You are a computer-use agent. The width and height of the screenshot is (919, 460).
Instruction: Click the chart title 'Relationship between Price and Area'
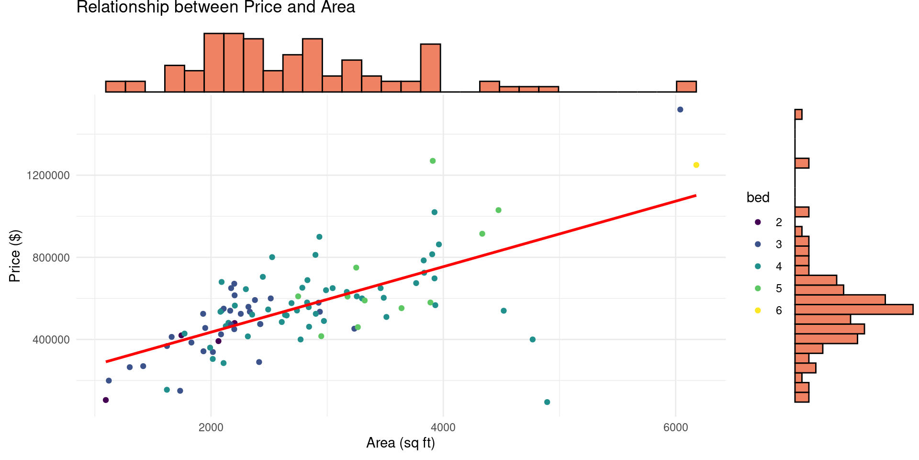pyautogui.click(x=215, y=8)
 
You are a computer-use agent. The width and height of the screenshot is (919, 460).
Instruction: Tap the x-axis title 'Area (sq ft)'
pyautogui.click(x=400, y=443)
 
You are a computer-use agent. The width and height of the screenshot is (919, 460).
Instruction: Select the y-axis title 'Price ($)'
pyautogui.click(x=15, y=256)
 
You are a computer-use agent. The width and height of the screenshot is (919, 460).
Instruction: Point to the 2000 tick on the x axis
pyautogui.click(x=211, y=427)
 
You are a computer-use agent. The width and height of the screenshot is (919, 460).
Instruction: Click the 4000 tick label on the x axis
pyautogui.click(x=443, y=427)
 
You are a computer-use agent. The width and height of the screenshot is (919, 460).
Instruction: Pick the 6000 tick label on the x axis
pyautogui.click(x=675, y=427)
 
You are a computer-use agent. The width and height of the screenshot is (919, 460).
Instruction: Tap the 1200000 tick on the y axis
pyautogui.click(x=48, y=175)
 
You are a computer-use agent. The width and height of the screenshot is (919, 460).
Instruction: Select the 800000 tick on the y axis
pyautogui.click(x=51, y=258)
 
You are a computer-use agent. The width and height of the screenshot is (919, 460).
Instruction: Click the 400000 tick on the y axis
pyautogui.click(x=51, y=340)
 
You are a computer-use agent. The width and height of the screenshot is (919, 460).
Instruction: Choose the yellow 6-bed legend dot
pyautogui.click(x=758, y=310)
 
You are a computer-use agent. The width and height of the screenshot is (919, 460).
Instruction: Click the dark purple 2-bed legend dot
pyautogui.click(x=758, y=222)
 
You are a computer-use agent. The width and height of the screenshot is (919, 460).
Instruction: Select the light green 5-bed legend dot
pyautogui.click(x=758, y=288)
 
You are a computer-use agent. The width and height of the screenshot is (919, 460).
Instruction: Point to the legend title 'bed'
pyautogui.click(x=758, y=197)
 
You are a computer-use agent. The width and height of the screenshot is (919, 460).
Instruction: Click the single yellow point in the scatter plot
pyautogui.click(x=696, y=165)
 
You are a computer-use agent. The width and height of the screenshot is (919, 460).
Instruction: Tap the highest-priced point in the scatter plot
pyautogui.click(x=680, y=110)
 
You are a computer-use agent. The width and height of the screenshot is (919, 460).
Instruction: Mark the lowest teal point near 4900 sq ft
pyautogui.click(x=547, y=402)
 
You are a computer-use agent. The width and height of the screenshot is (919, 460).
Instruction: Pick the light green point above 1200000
pyautogui.click(x=433, y=161)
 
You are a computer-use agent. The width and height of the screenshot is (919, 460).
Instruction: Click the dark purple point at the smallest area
pyautogui.click(x=106, y=400)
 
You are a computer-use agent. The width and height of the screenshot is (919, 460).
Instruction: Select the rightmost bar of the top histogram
pyautogui.click(x=686, y=87)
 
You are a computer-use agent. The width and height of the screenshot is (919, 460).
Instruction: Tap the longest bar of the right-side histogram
pyautogui.click(x=853, y=310)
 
